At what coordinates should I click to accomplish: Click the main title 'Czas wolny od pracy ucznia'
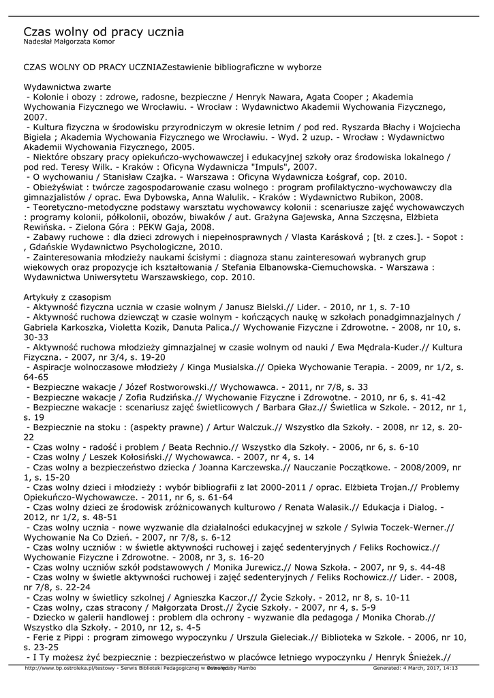104,32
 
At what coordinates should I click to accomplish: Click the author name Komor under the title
102,42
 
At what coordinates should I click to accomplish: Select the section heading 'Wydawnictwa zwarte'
67,87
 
